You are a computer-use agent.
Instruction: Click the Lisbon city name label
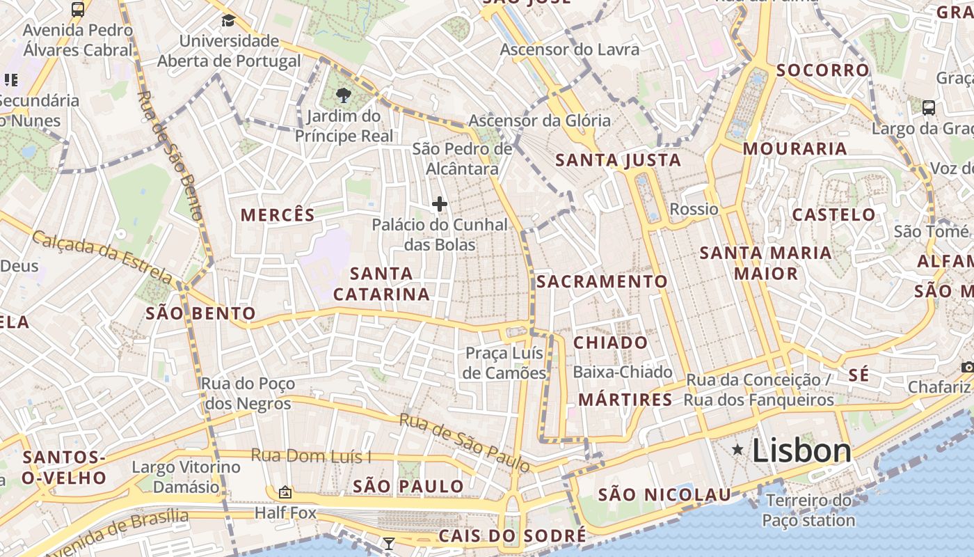click(801, 451)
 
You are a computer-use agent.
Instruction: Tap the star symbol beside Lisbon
click(737, 450)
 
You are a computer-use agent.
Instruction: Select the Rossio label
click(694, 209)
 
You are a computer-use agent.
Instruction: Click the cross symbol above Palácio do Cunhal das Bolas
click(439, 204)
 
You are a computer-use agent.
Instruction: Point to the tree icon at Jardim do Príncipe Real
click(343, 95)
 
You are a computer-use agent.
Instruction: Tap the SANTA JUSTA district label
click(618, 161)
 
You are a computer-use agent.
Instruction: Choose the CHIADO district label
click(610, 343)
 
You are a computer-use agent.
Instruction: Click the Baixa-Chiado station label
click(622, 372)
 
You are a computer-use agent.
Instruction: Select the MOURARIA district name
click(795, 148)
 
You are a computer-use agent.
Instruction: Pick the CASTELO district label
click(834, 214)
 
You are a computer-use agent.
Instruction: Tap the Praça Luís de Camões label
click(504, 363)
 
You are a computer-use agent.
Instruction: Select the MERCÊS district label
click(278, 215)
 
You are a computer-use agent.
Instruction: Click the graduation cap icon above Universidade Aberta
click(228, 20)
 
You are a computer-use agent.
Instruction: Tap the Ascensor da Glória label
click(539, 120)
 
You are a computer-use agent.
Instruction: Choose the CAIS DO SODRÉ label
click(511, 535)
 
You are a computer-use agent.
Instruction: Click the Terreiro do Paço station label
click(808, 510)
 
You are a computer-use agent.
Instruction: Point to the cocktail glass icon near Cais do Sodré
click(389, 543)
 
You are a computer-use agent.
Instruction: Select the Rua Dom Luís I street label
click(311, 456)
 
